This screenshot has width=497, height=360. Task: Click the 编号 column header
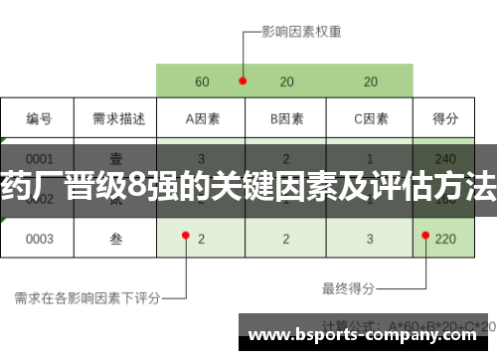pos(39,119)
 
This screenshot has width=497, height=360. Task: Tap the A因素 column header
pos(202,119)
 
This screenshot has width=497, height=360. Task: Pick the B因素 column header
pos(286,119)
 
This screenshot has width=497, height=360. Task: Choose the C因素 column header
pos(371,119)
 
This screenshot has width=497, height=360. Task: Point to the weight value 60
pos(202,82)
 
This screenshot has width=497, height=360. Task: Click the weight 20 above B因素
pos(286,82)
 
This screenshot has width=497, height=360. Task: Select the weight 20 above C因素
pos(371,82)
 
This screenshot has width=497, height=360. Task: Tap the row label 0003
pos(39,239)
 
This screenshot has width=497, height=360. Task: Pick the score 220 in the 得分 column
pos(446,239)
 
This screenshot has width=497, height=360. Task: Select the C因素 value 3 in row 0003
pos(371,239)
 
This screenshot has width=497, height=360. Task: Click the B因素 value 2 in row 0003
pos(286,239)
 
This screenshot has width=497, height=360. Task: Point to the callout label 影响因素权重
pos(301,31)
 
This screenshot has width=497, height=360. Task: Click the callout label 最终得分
pos(348,288)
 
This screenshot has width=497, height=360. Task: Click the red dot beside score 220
pos(425,236)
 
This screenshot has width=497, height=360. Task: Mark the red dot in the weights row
pos(242,81)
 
